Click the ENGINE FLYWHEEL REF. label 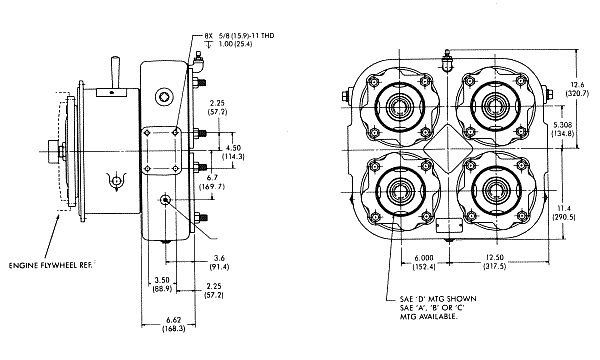point(51,265)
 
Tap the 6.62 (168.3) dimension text point(174,324)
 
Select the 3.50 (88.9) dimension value point(162,285)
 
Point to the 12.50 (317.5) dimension point(495,262)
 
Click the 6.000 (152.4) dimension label point(424,262)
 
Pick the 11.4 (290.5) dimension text point(564,213)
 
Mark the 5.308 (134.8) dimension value point(562,129)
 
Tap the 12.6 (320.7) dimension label point(577,89)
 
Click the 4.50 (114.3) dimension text point(233,152)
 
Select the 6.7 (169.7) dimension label point(212,182)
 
